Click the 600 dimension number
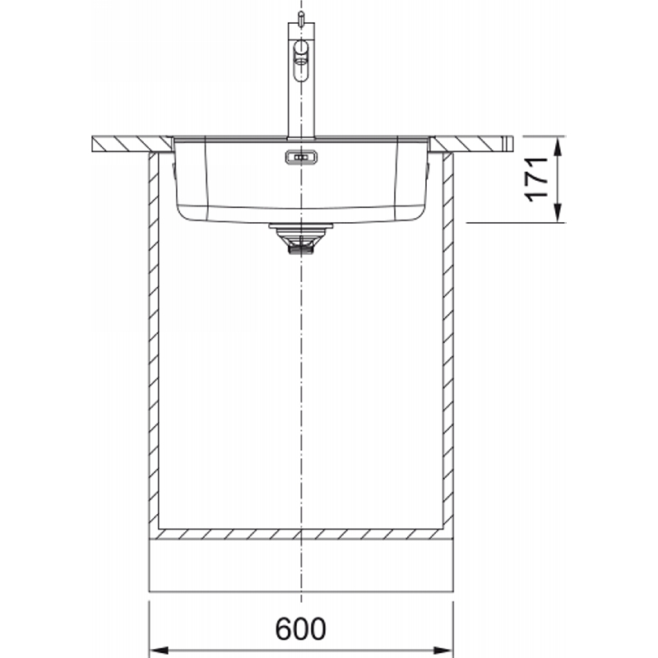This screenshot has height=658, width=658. click(300, 628)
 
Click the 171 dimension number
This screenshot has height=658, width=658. click(537, 179)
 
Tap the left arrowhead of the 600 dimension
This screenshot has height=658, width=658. click(160, 651)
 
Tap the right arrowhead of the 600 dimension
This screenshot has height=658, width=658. click(443, 651)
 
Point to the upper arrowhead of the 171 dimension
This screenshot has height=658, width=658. click(558, 147)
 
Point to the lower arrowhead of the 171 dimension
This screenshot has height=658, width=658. click(558, 212)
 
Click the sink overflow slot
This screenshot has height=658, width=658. click(301, 157)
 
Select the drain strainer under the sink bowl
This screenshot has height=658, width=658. click(301, 238)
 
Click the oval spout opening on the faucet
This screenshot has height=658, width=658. click(301, 61)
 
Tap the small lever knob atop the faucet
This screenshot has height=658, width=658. click(301, 16)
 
